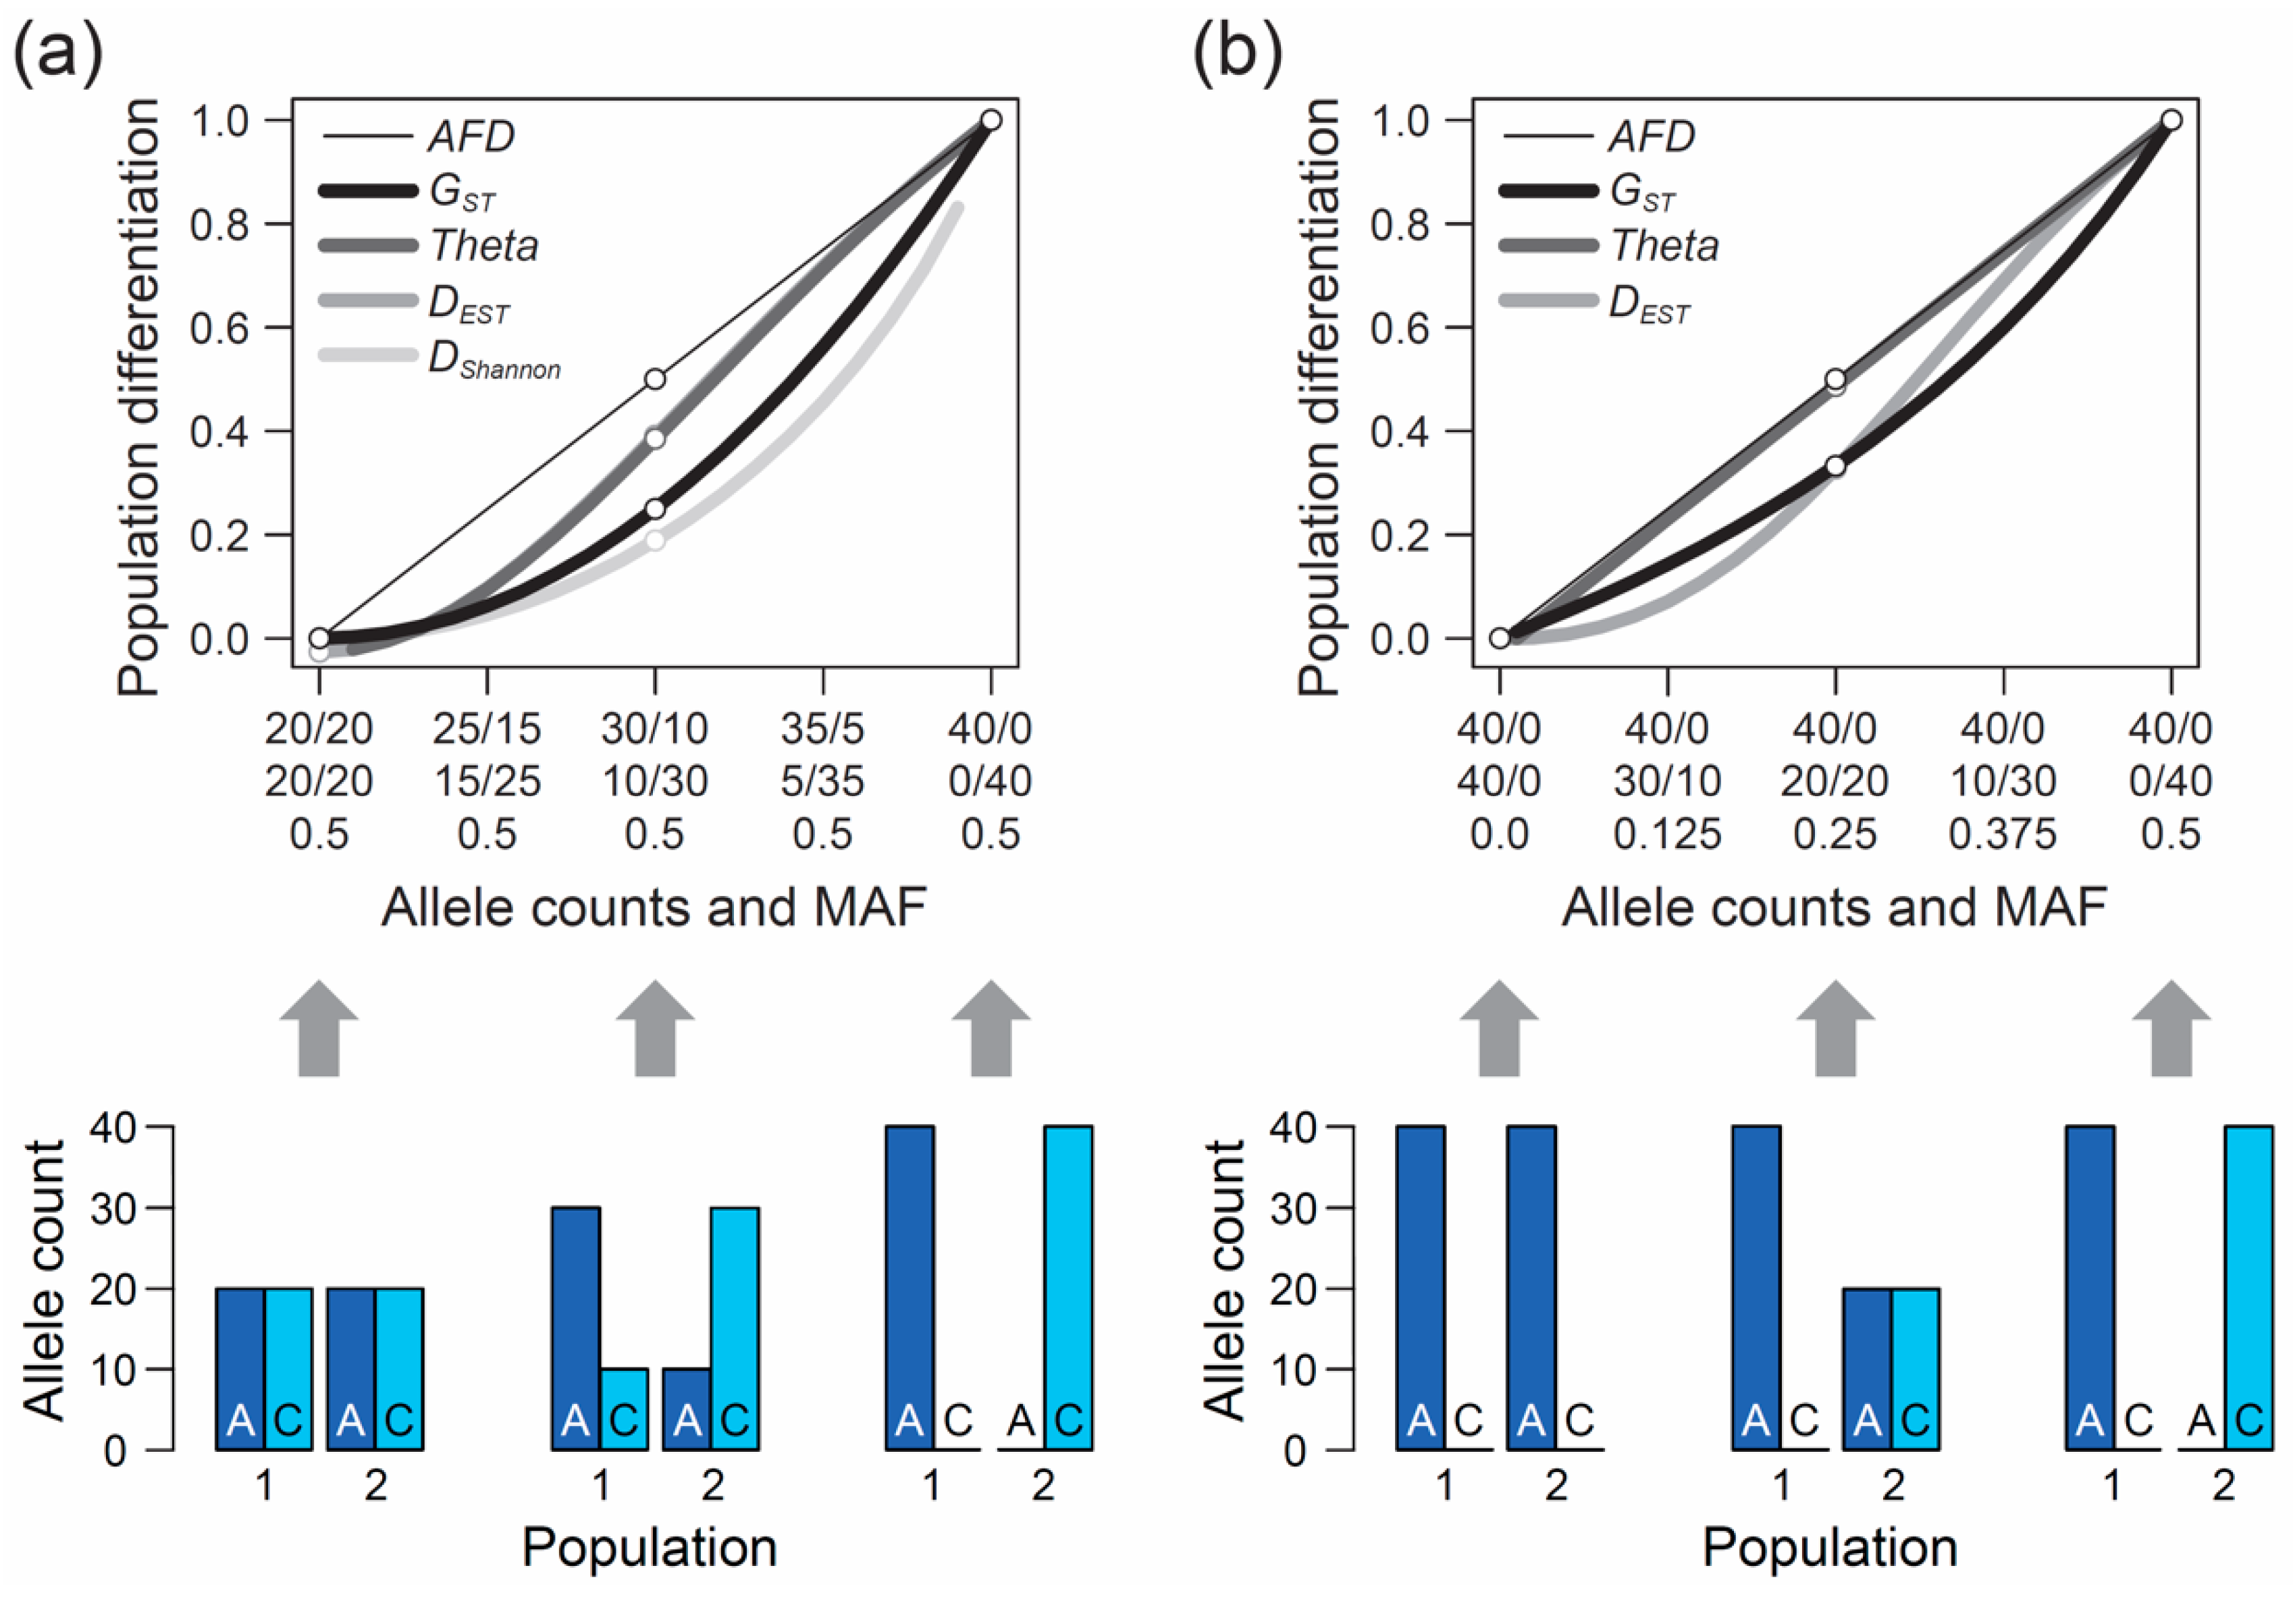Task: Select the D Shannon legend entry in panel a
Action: [494, 361]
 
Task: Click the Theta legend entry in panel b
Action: [1664, 246]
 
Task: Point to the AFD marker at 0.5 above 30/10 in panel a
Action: [655, 379]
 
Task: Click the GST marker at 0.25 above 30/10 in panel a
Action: [655, 509]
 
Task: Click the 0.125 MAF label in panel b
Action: [1667, 834]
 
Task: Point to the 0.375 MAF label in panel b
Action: [2003, 834]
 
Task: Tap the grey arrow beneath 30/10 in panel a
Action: [655, 1028]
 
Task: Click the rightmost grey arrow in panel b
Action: [2171, 1028]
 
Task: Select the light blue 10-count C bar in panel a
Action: [624, 1408]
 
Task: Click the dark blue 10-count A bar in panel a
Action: [686, 1408]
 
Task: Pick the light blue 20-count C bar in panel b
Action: [1916, 1368]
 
